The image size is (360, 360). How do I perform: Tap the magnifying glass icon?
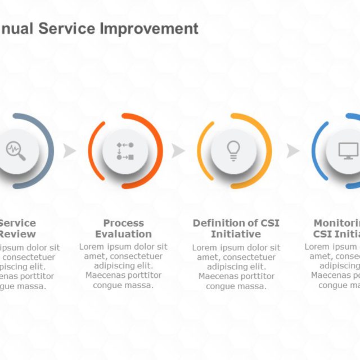[x=16, y=151]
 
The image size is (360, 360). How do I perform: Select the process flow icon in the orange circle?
[x=125, y=151]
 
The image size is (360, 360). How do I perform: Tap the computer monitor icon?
[x=348, y=150]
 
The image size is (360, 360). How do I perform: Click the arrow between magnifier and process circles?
[x=70, y=151]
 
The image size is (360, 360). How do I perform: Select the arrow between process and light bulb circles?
[x=178, y=151]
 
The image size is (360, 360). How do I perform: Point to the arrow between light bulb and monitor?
[x=293, y=151]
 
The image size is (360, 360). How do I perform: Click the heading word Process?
[x=123, y=223]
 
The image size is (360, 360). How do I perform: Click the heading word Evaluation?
[x=123, y=234]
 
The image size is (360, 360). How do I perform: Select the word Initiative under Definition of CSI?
[x=236, y=234]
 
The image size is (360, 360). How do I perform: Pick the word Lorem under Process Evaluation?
[x=92, y=247]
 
